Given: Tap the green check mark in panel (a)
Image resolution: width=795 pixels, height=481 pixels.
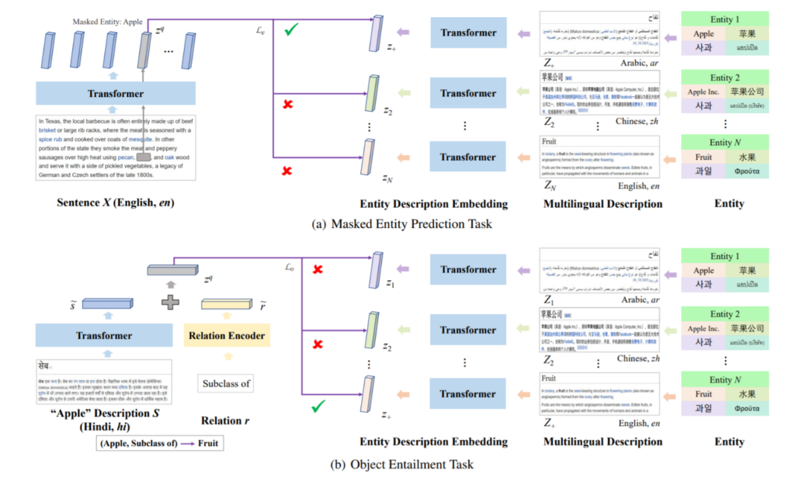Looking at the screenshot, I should click(x=292, y=30).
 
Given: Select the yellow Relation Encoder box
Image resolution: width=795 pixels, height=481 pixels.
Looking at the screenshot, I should click(x=227, y=336).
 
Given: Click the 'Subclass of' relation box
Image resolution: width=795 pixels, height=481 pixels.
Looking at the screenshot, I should click(x=227, y=383).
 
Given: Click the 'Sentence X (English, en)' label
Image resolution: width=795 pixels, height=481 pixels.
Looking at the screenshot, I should click(x=116, y=203).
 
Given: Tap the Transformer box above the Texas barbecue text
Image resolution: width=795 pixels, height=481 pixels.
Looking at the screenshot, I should click(x=116, y=94).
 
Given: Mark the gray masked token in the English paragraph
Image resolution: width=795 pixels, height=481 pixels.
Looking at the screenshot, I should click(x=144, y=157).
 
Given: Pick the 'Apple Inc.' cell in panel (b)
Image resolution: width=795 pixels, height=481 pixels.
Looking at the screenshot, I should click(x=703, y=329).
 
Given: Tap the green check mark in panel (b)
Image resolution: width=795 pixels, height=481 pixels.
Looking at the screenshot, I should click(x=316, y=406).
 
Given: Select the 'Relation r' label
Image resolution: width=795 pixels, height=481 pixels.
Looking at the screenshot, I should click(x=226, y=420).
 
